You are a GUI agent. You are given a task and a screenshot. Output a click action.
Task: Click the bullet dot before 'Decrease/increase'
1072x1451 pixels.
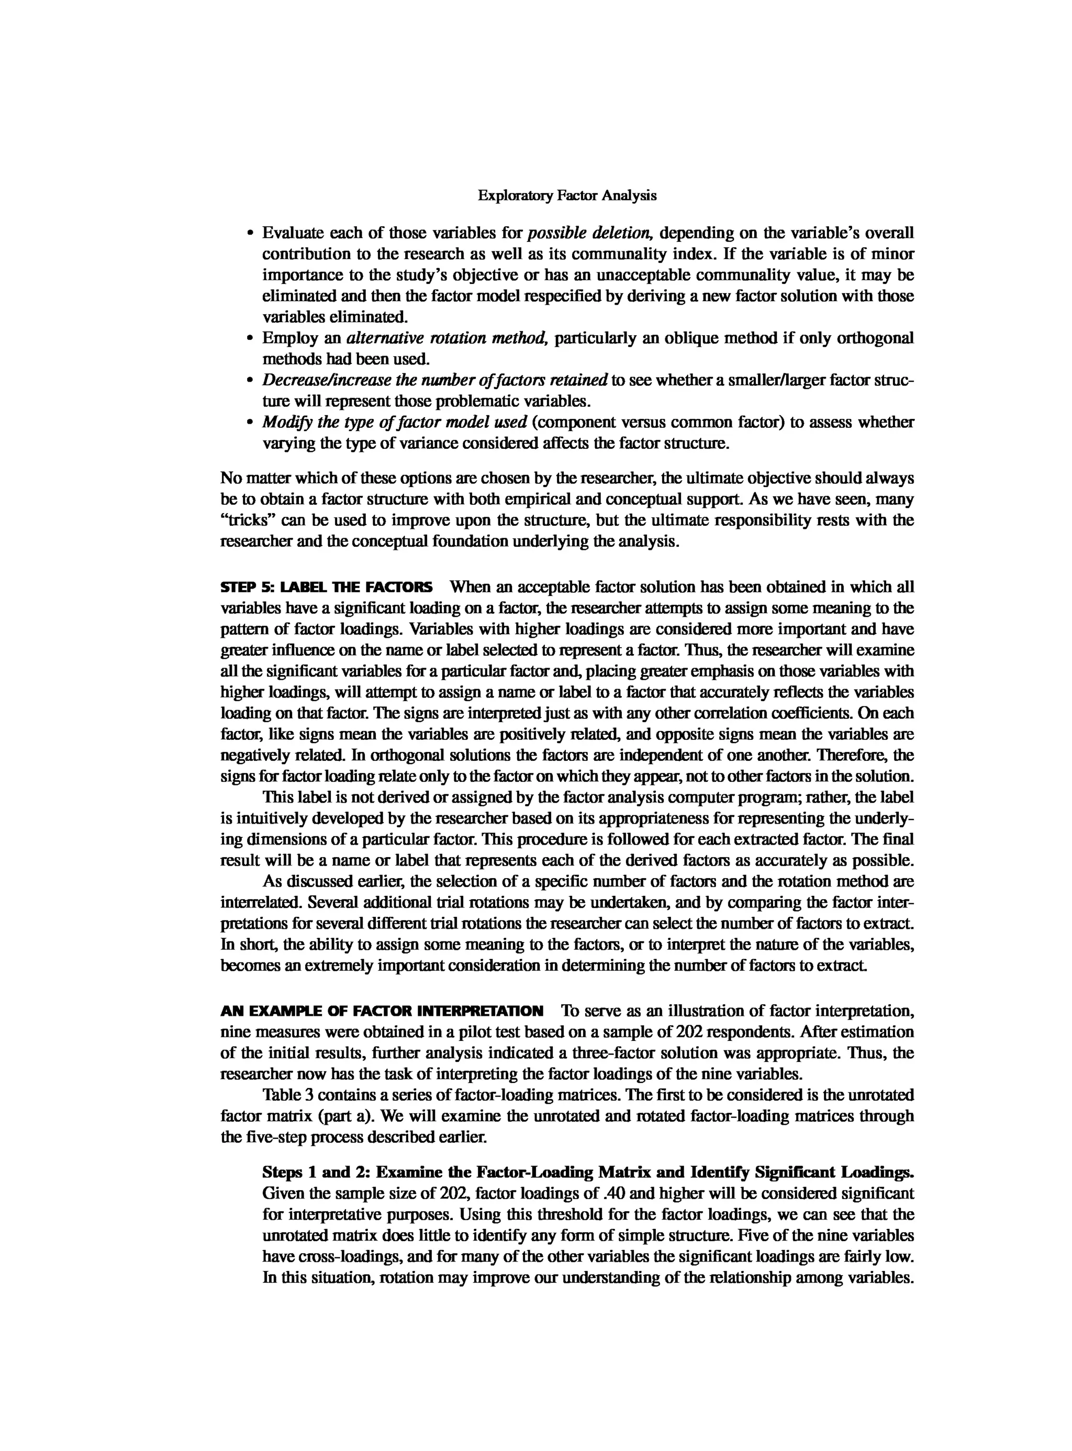coord(251,381)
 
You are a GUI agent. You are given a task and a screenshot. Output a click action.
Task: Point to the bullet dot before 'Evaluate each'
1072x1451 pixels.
coord(251,233)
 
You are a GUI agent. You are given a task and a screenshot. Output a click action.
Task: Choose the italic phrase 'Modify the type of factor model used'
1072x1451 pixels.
coord(394,422)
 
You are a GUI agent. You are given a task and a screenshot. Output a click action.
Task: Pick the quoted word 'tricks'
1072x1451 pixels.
coord(250,520)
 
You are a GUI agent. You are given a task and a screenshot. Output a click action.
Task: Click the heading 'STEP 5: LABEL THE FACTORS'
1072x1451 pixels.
coord(327,588)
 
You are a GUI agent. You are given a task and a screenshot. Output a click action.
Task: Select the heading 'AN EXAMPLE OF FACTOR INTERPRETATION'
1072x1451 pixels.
coord(382,1011)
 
